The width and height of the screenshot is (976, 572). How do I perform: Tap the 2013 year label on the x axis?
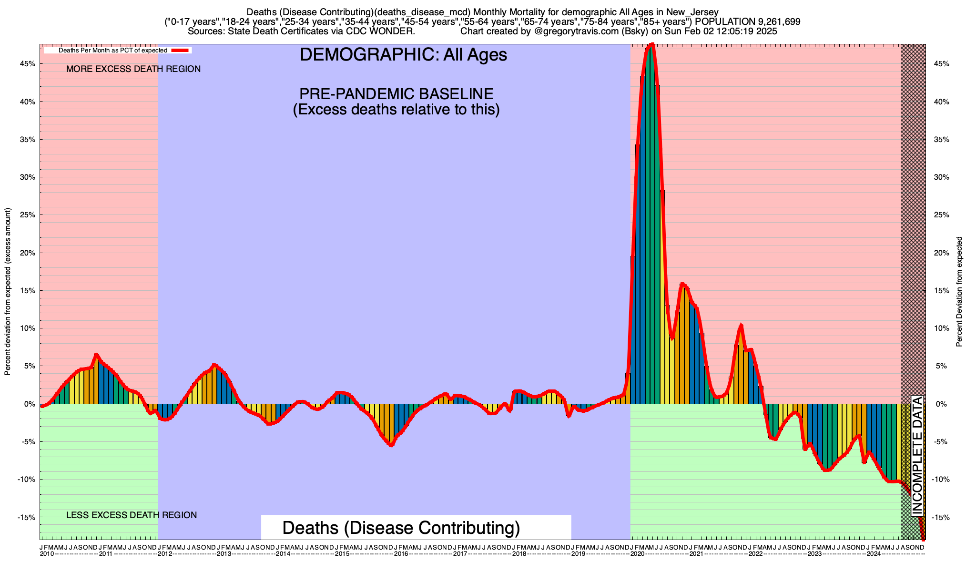tap(224, 554)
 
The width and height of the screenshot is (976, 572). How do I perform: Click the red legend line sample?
tap(181, 50)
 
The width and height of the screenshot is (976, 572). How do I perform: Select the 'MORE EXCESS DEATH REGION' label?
tap(133, 69)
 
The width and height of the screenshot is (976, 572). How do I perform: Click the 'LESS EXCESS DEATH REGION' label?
tap(132, 515)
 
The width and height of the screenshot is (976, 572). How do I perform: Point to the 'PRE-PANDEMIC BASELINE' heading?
tap(396, 94)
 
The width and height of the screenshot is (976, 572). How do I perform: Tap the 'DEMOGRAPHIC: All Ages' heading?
tap(403, 55)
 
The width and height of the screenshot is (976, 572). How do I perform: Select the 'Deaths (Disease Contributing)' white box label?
tap(401, 528)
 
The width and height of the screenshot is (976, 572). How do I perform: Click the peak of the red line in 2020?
tap(652, 45)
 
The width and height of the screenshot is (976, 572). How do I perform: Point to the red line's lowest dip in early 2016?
tap(391, 445)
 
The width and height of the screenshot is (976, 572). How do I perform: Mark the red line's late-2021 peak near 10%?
tap(741, 326)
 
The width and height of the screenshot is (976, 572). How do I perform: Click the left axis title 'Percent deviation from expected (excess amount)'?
tap(8, 292)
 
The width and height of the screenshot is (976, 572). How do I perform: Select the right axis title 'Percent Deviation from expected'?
tap(959, 292)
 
